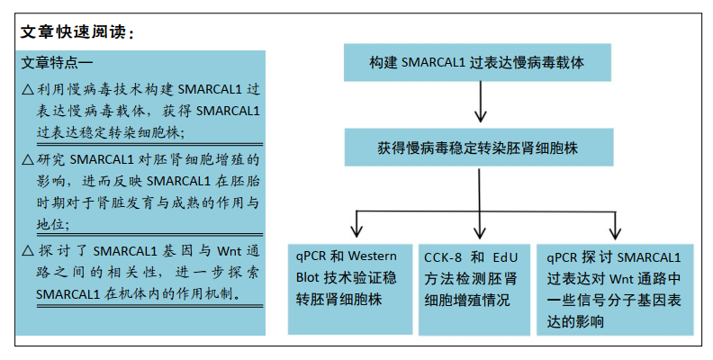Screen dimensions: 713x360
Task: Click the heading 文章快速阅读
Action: coord(73,31)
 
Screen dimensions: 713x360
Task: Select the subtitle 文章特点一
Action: coord(57,63)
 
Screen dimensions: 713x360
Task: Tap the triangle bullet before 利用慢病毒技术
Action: coord(28,89)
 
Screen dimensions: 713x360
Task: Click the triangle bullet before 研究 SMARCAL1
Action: coord(28,159)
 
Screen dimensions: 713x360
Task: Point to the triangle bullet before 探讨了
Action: coord(28,251)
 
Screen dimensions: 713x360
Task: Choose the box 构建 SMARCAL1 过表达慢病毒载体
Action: coord(477,62)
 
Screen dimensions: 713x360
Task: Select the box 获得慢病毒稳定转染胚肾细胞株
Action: coord(478,148)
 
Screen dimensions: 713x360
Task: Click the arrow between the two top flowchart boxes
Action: coord(480,102)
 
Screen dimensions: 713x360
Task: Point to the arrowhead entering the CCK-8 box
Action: coord(479,232)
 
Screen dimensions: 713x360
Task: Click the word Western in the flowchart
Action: coord(372,256)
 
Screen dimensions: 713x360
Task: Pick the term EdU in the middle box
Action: coord(505,257)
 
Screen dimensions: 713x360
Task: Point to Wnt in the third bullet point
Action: coord(230,251)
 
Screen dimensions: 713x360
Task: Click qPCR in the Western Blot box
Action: coord(311,256)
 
